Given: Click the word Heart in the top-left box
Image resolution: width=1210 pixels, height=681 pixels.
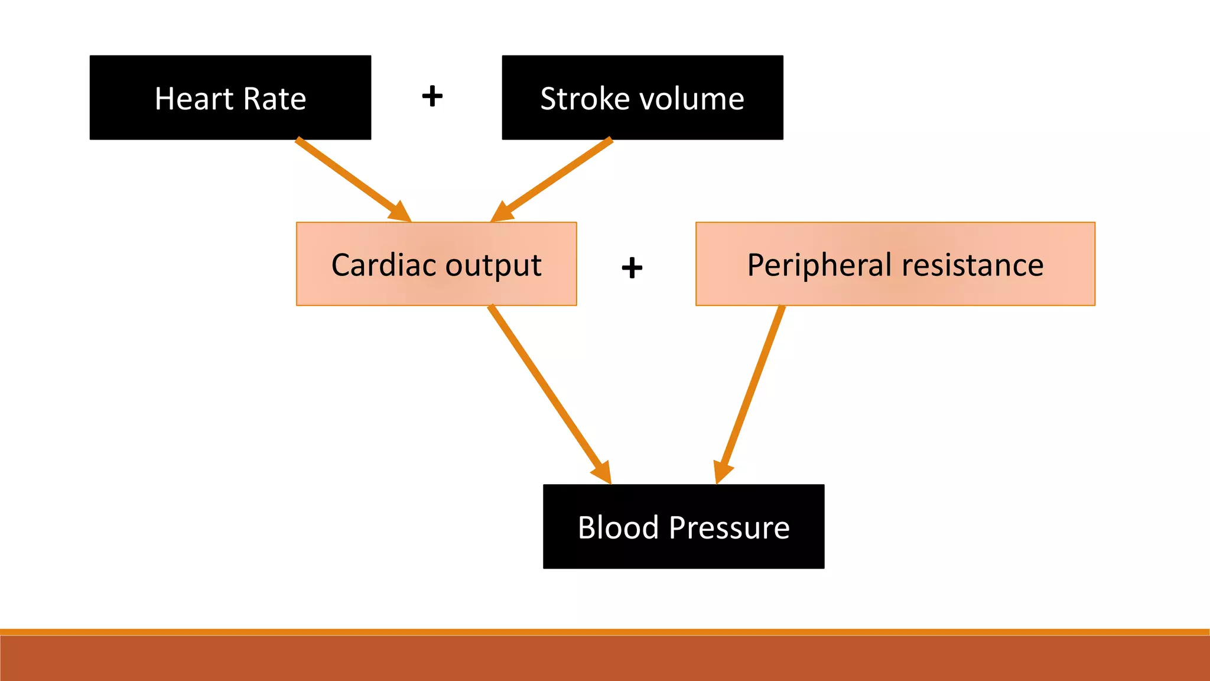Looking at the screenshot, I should coord(194,99).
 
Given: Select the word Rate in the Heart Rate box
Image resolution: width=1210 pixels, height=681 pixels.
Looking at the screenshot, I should coord(275,99).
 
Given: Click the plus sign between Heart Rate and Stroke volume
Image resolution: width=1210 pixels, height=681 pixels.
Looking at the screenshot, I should coord(432,96).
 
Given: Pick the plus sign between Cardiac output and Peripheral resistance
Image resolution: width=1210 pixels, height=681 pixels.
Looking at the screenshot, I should coord(632,268).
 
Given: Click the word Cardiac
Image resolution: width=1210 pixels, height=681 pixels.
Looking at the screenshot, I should coord(383,265).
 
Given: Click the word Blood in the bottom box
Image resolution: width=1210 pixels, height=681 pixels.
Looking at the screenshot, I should coord(618,527).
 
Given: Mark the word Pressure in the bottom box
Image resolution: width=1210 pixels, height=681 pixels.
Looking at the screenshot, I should coord(729,527).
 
